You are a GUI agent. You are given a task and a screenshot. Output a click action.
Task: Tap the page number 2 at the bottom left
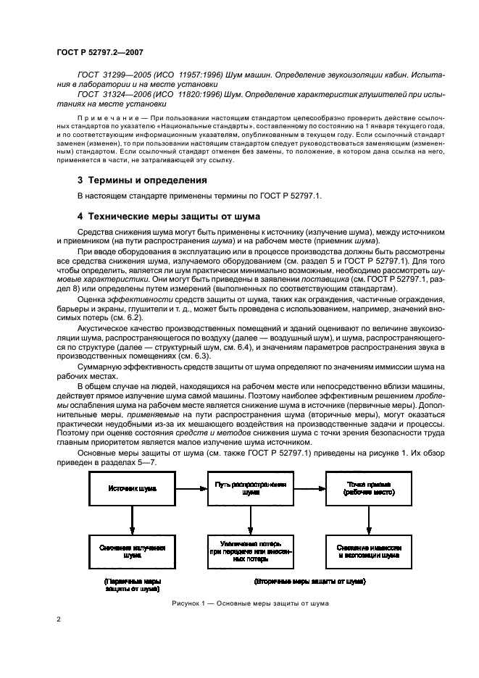click(x=58, y=619)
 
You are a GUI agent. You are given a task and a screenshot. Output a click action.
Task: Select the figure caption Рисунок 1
click(x=250, y=603)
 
